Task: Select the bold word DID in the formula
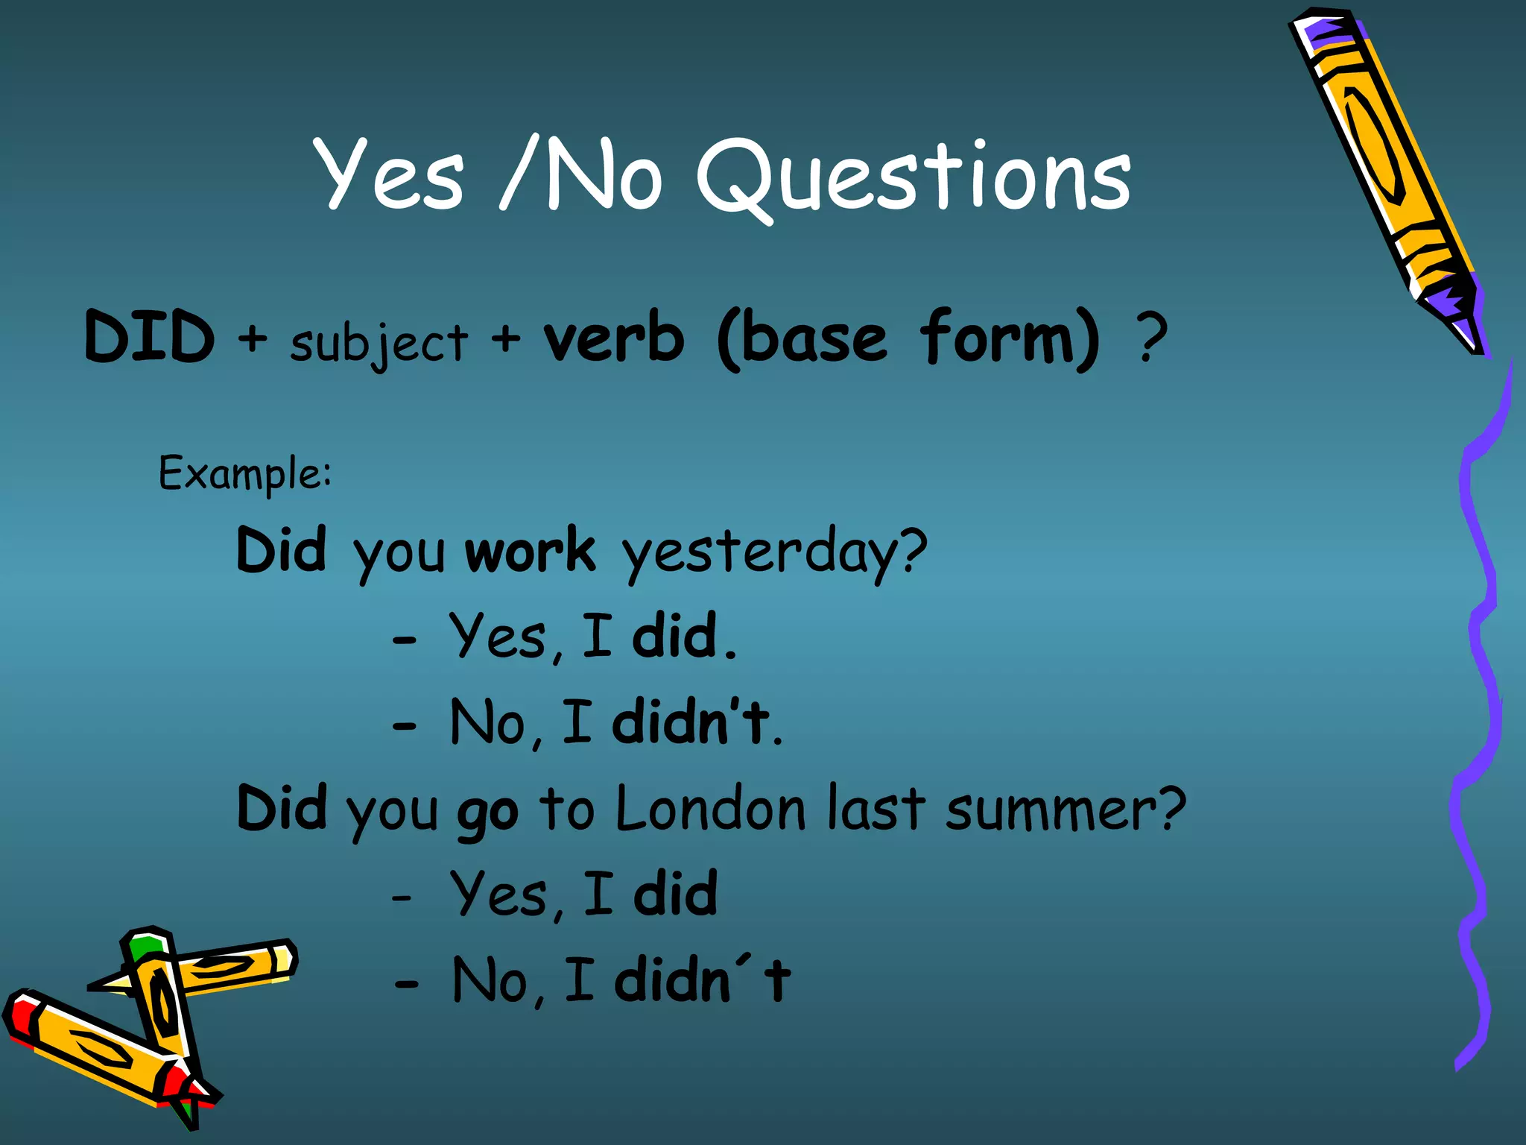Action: [150, 338]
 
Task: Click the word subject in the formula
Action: [379, 344]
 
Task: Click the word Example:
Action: [245, 473]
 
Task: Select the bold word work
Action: [530, 551]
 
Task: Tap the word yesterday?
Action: [775, 552]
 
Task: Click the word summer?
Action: [1066, 810]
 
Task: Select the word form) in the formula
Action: [1009, 338]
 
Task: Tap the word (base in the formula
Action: [802, 339]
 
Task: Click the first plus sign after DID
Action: [253, 338]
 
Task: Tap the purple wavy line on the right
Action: [1479, 671]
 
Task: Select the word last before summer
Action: [876, 809]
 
